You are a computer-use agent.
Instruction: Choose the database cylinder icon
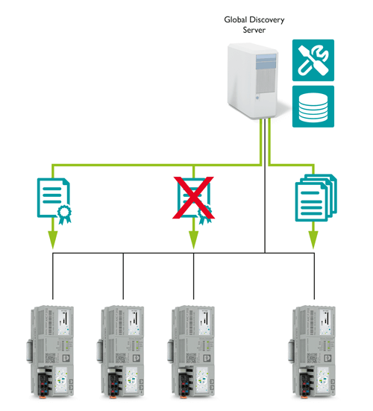click(x=313, y=107)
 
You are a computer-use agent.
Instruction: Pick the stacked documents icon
click(x=315, y=197)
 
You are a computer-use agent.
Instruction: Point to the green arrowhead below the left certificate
click(x=53, y=239)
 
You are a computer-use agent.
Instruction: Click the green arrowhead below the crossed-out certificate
click(x=194, y=239)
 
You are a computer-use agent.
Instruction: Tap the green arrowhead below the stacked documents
click(x=314, y=239)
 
